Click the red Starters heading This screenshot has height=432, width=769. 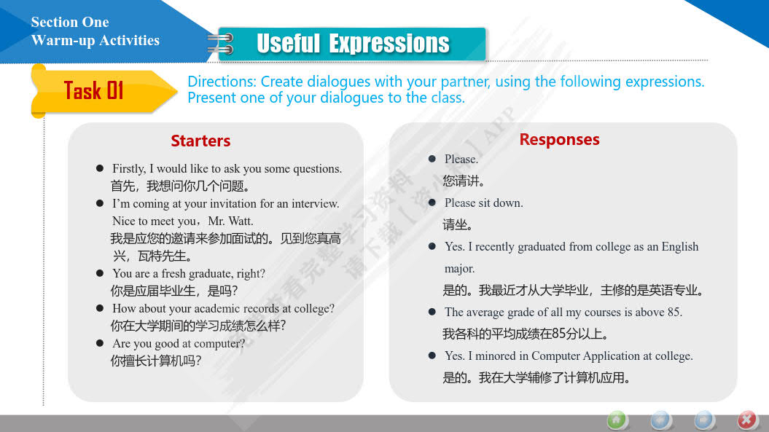click(200, 141)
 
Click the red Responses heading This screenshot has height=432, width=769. click(560, 139)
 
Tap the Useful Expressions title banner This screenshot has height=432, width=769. click(352, 44)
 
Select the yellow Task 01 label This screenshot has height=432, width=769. click(93, 91)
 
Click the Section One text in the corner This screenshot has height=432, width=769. click(70, 22)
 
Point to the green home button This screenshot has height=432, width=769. click(617, 420)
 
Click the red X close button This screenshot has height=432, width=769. click(747, 420)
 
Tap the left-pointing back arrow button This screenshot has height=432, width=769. click(660, 420)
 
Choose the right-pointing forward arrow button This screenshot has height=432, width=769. click(704, 420)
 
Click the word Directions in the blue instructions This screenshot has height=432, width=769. click(222, 82)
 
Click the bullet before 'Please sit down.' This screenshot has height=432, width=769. click(432, 203)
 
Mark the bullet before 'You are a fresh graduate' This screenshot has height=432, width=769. click(100, 273)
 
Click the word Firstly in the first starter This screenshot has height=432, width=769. click(129, 169)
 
